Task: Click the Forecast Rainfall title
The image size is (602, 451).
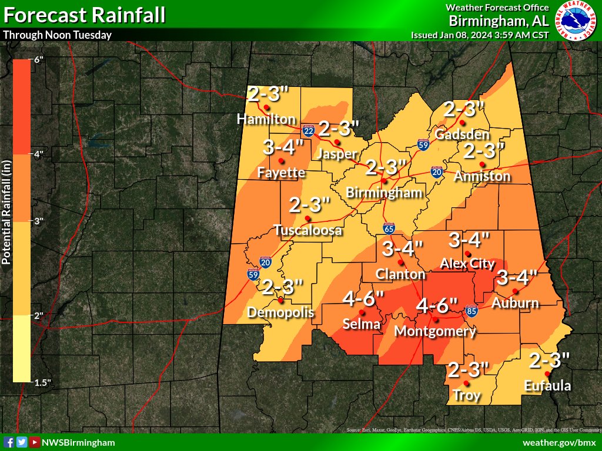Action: point(84,15)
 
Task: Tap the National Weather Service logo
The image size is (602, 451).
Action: point(576,21)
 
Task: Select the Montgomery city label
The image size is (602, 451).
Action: point(434,331)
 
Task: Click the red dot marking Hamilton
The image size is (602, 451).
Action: point(266,107)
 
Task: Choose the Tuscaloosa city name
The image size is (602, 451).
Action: point(307,230)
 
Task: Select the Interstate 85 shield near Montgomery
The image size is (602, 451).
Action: point(470,309)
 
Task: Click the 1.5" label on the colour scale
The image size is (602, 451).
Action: point(42,383)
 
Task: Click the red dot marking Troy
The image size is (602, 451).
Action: point(466,383)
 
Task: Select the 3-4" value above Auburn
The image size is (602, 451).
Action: point(516,277)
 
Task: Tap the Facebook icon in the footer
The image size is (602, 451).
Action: point(9,442)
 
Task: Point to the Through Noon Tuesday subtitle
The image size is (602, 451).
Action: point(58,35)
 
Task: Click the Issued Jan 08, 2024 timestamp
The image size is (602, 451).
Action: point(480,35)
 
